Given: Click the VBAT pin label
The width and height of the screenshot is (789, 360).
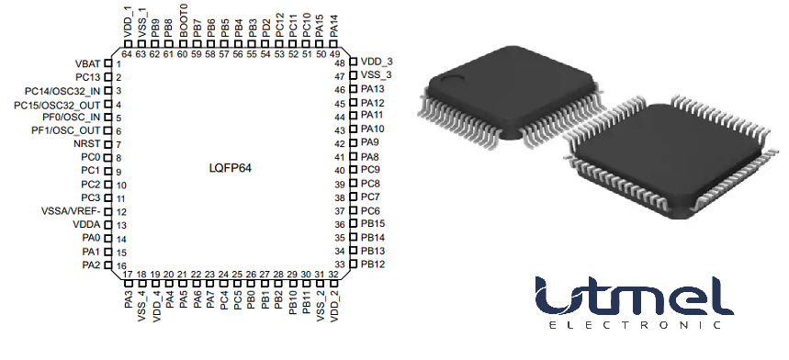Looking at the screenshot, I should pyautogui.click(x=87, y=63).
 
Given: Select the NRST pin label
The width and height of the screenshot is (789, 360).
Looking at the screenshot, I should pyautogui.click(x=87, y=144).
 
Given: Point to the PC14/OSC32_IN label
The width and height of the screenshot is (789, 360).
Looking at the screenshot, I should pyautogui.click(x=63, y=91).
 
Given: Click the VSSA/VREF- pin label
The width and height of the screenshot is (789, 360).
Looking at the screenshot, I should pyautogui.click(x=72, y=212).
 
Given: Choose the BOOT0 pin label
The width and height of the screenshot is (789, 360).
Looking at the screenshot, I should pyautogui.click(x=184, y=25).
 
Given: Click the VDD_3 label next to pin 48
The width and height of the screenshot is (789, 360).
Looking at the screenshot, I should pyautogui.click(x=376, y=62).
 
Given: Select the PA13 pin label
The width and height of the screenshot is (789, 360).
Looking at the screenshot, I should pyautogui.click(x=373, y=89).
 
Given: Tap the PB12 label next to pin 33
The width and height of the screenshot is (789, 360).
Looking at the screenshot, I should pyautogui.click(x=373, y=264).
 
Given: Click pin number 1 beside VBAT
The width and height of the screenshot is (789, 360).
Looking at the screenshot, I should pyautogui.click(x=119, y=64).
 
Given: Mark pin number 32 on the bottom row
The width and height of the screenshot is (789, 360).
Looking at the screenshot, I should pyautogui.click(x=333, y=275).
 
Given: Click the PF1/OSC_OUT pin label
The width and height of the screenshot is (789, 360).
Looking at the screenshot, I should pyautogui.click(x=65, y=131).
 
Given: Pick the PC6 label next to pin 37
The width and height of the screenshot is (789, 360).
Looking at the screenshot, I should pyautogui.click(x=370, y=211).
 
